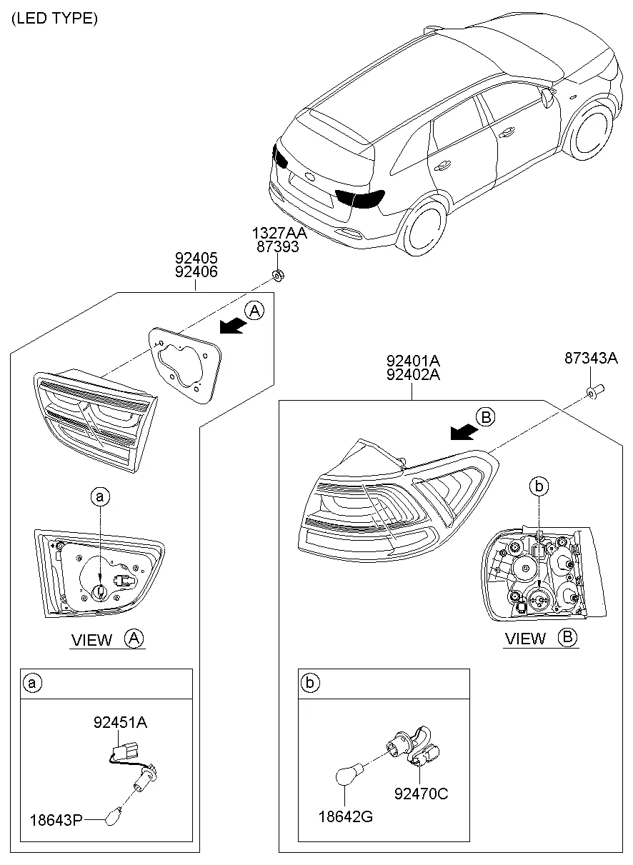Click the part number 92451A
pos(120,722)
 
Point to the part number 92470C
pos(422,794)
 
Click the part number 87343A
pos(591,359)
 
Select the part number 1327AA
pos(279,233)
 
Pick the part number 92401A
pos(414,361)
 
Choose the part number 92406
pos(196,271)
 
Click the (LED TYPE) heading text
pos(54,19)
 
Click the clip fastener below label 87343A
pos(592,391)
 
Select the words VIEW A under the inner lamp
pos(107,639)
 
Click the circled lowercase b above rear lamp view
pos(539,486)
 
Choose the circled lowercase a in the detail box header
pos(31,684)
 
